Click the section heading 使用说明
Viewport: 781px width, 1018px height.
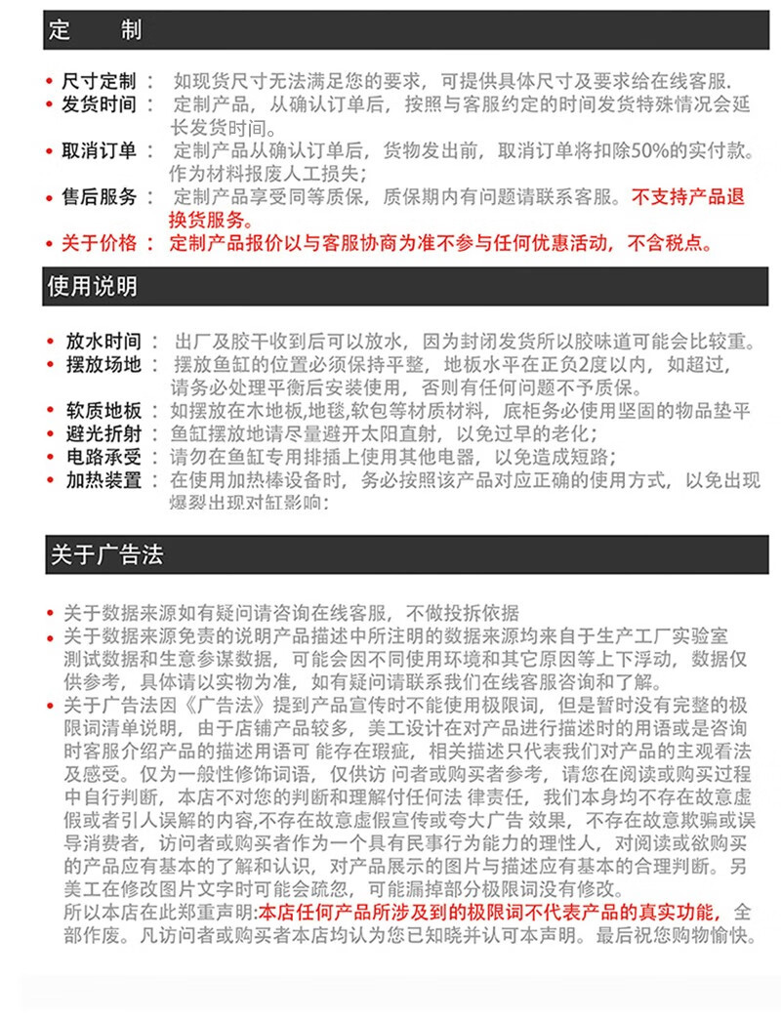click(x=93, y=286)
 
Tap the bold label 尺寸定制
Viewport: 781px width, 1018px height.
click(x=100, y=81)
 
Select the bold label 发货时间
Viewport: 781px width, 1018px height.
click(x=100, y=104)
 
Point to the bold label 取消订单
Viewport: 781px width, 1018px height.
click(x=100, y=151)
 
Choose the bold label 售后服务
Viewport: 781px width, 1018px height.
click(x=100, y=197)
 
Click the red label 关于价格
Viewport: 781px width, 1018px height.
click(x=100, y=243)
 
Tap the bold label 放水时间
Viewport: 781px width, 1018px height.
click(x=104, y=342)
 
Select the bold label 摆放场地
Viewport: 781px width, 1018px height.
click(x=104, y=365)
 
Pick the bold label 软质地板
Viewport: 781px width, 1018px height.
click(x=104, y=410)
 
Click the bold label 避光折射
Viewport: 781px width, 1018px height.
click(x=104, y=433)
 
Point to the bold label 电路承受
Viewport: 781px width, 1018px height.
click(x=104, y=457)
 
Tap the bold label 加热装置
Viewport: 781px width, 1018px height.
click(x=104, y=480)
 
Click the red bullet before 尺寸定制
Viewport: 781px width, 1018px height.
click(x=50, y=81)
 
